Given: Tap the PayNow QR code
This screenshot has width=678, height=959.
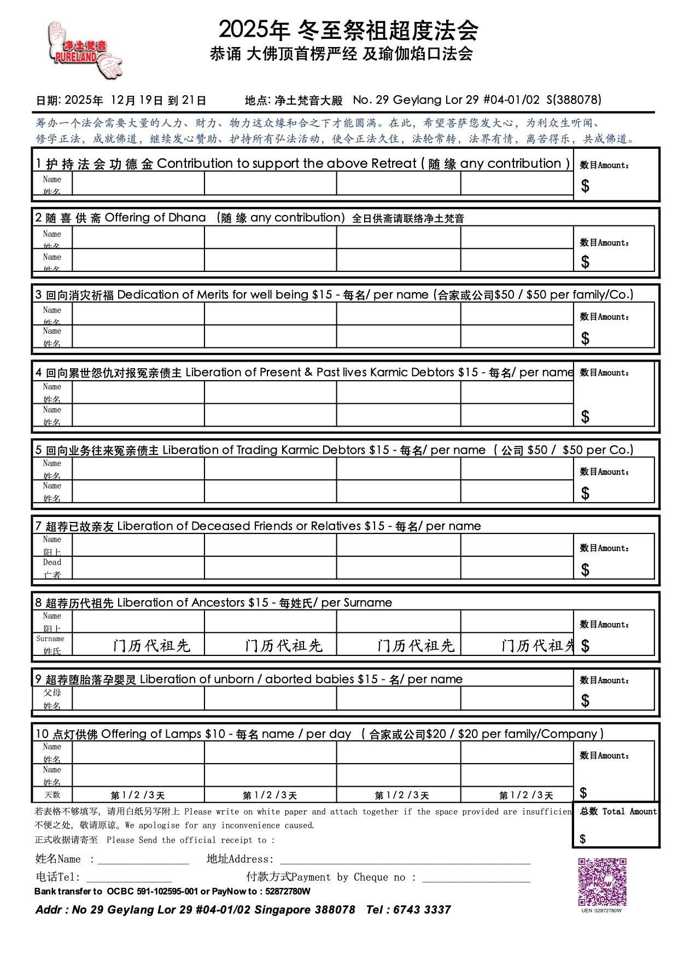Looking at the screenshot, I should [x=602, y=882].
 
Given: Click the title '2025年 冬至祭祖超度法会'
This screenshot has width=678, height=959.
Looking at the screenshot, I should [x=348, y=30].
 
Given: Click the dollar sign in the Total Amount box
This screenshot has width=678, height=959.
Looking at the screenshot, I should [x=583, y=839].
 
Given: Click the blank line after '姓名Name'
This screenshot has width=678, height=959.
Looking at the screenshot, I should [x=143, y=861].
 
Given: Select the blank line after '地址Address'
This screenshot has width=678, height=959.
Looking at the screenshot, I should [x=405, y=861].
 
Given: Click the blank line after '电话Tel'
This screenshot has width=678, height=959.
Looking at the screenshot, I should [x=129, y=878].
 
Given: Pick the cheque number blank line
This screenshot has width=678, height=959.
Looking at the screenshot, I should [x=476, y=878].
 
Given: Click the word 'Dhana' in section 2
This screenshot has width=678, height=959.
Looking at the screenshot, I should [x=187, y=218].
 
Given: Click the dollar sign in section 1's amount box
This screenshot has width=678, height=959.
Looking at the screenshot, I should [x=585, y=187].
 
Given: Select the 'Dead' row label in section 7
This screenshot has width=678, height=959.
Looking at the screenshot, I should [x=52, y=562].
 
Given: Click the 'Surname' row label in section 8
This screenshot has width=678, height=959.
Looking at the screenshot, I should [x=50, y=639].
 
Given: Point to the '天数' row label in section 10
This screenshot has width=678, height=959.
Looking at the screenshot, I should [x=52, y=795].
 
